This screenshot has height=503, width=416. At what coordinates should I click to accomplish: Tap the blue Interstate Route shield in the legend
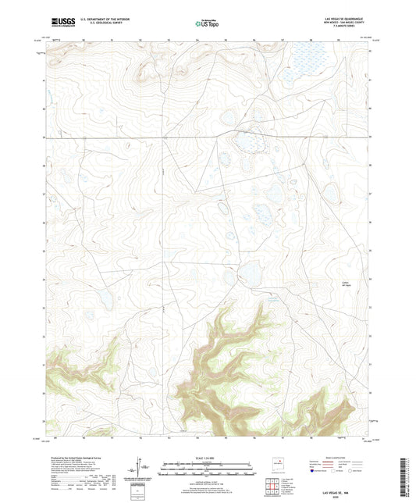point(315,472)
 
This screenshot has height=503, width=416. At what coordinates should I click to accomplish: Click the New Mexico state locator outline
point(277,462)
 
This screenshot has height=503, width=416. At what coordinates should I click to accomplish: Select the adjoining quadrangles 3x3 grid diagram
point(272,487)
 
